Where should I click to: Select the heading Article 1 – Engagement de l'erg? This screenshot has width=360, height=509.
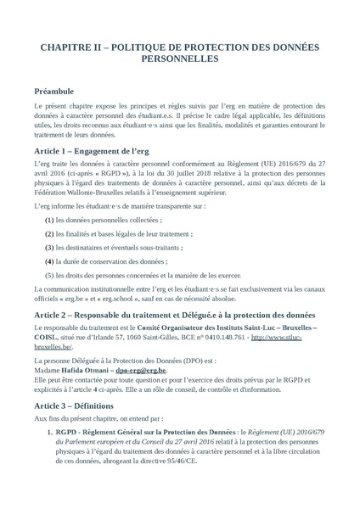[x=104, y=149]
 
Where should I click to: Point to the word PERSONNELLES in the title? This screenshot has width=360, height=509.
[x=179, y=60]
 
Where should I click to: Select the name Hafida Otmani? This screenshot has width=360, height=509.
[x=88, y=370]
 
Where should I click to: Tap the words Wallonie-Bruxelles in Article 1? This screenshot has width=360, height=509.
[x=98, y=193]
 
